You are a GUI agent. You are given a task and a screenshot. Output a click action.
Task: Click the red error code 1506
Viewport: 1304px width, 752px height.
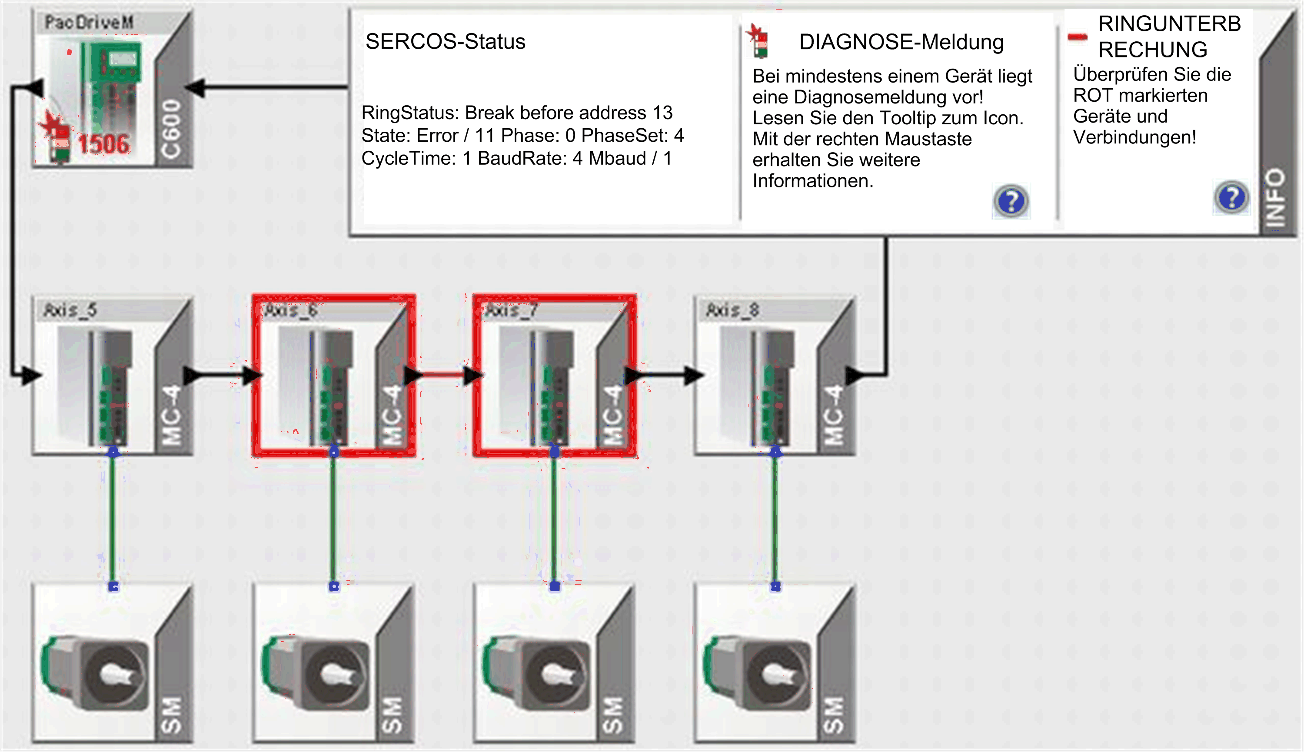(x=104, y=144)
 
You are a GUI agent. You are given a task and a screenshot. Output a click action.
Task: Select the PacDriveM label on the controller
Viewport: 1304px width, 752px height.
(x=89, y=22)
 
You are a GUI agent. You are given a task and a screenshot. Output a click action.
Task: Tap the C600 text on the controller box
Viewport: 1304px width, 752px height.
(x=171, y=129)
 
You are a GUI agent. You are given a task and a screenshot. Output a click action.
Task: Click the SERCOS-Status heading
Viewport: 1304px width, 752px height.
(x=445, y=41)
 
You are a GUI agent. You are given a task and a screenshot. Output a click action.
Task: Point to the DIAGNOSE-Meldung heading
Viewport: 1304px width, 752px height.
(x=901, y=42)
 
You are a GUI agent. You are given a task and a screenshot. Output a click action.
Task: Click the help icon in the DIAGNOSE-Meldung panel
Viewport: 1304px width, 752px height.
(x=1011, y=201)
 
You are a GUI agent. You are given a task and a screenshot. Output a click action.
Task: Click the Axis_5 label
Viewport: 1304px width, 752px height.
(x=70, y=310)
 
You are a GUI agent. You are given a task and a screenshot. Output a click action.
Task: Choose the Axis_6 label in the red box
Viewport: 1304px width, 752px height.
(x=291, y=310)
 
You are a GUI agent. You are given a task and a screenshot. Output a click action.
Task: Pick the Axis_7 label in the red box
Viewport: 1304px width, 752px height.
(x=511, y=310)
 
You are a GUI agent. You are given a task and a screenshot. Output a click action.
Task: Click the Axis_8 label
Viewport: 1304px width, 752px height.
(x=732, y=310)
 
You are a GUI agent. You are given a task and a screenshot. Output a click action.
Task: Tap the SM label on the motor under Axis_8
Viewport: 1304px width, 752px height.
(x=832, y=715)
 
